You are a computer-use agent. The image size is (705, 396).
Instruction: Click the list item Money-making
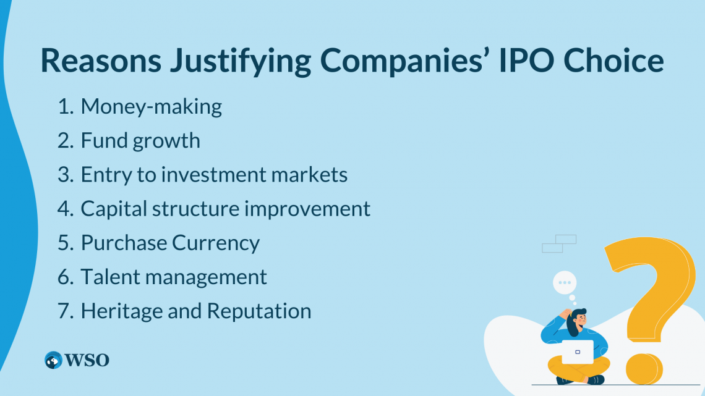click(151, 107)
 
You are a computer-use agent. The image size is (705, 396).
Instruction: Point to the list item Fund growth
click(140, 141)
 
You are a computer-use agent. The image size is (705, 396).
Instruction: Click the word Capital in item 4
click(116, 209)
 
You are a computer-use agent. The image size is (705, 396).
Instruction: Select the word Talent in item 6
click(107, 277)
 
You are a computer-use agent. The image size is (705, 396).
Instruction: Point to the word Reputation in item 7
click(259, 311)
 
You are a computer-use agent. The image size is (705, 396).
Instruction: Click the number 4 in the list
click(64, 209)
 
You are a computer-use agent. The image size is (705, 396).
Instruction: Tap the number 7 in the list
click(64, 311)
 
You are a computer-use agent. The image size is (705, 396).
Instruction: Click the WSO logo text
click(87, 360)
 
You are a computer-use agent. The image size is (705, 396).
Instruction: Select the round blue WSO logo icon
click(54, 360)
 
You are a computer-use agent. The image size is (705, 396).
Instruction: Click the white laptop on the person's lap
click(576, 351)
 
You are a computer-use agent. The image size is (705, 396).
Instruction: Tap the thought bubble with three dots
click(564, 282)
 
